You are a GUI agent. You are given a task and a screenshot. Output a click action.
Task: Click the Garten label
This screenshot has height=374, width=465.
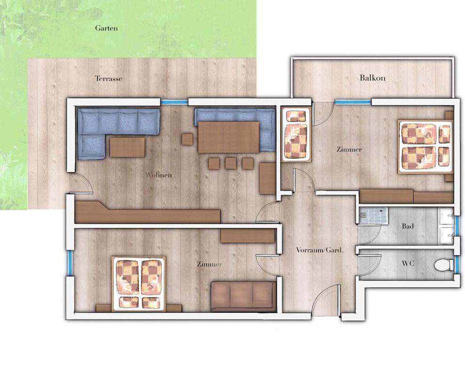(106, 28)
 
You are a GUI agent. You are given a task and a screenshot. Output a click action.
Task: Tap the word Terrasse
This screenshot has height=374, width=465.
(109, 79)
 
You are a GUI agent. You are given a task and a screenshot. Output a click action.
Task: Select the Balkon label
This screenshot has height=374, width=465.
(372, 78)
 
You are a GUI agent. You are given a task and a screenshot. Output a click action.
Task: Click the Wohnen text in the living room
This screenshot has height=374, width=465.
(158, 175)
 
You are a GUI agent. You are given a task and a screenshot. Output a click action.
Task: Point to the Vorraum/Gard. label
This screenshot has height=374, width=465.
(320, 250)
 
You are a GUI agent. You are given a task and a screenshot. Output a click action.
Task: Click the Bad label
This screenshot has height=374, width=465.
(408, 226)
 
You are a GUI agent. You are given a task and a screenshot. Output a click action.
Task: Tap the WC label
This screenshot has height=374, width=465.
(408, 263)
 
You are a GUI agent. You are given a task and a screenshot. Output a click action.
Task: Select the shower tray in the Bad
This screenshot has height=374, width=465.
(373, 215)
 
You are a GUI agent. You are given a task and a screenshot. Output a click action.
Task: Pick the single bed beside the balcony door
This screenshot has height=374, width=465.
(296, 135)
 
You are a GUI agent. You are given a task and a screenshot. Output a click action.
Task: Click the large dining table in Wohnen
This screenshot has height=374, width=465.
(229, 137)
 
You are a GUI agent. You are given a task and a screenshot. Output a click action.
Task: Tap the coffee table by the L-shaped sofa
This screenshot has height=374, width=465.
(127, 147)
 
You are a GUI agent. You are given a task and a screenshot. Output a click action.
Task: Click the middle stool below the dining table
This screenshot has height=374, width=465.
(230, 163)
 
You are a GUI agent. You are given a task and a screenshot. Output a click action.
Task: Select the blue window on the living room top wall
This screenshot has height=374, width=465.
(174, 102)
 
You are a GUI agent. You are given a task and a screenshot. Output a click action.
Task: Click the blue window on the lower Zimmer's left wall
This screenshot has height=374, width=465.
(70, 263)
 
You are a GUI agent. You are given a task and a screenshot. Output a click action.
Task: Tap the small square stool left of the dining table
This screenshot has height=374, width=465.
(187, 139)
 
